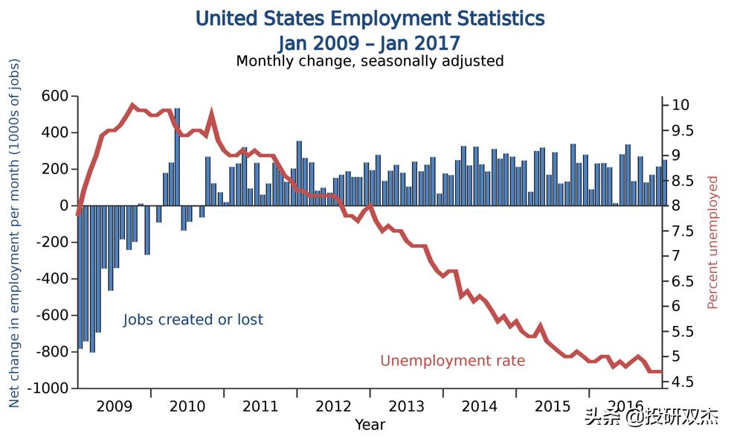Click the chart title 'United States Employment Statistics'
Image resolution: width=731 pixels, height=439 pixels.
click(x=370, y=18)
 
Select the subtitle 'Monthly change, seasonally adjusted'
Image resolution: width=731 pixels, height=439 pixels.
click(x=370, y=61)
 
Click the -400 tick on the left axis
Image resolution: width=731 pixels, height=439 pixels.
click(x=51, y=279)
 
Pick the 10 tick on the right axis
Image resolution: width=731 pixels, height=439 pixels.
click(x=680, y=105)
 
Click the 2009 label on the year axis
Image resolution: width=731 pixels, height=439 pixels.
click(x=115, y=406)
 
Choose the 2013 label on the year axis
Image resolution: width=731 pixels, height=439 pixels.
click(x=406, y=406)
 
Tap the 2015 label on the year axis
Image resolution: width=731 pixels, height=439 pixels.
click(x=553, y=406)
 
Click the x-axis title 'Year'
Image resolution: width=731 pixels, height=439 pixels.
click(x=370, y=425)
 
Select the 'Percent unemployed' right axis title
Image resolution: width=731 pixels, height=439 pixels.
click(x=712, y=243)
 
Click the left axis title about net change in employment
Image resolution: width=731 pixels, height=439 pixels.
click(x=14, y=233)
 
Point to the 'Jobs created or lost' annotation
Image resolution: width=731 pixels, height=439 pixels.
click(x=193, y=320)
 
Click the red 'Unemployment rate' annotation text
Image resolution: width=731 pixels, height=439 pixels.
click(x=452, y=361)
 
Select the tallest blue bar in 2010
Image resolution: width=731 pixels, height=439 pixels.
click(x=177, y=156)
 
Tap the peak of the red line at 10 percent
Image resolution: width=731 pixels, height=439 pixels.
click(x=132, y=105)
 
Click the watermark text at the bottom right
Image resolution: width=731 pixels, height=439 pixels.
click(x=651, y=417)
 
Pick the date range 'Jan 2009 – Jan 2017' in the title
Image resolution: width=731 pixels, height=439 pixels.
click(x=370, y=42)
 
